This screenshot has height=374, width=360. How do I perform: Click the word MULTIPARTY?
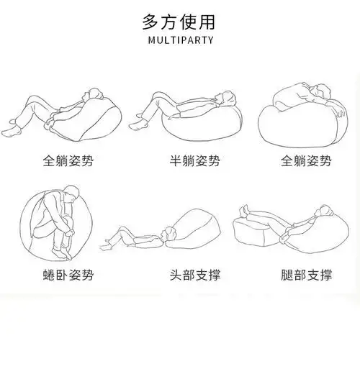180,40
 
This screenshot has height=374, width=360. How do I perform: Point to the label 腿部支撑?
307,275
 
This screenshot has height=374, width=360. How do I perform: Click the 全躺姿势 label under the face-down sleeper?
307,160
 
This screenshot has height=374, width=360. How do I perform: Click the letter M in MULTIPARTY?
150,40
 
